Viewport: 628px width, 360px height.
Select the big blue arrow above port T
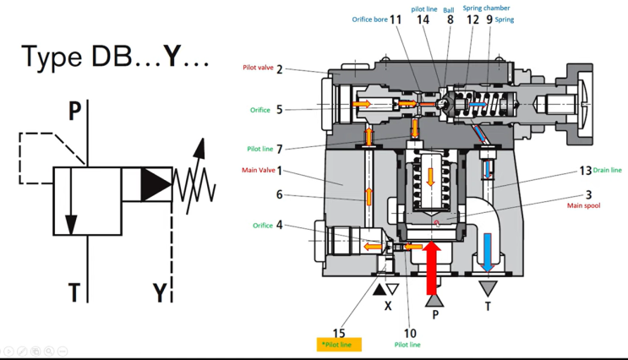coord(487,253)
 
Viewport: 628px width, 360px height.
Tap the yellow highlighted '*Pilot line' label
coord(339,345)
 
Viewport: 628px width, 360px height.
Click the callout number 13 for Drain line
coord(585,171)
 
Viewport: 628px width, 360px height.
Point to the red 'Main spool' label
coord(583,205)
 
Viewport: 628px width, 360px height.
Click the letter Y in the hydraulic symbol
coord(160,292)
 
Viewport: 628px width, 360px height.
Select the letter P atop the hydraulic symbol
coord(74,111)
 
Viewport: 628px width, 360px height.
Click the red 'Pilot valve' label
coord(258,68)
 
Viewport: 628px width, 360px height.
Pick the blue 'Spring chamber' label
coord(486,8)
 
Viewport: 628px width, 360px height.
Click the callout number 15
coord(339,333)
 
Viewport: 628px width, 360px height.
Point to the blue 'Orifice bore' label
coord(369,19)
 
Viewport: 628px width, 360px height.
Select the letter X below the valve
coord(388,306)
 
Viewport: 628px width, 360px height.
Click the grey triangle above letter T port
coord(488,288)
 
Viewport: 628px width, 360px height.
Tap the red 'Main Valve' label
coord(259,170)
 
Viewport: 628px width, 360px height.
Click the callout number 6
coord(280,194)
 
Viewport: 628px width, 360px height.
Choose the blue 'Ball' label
coord(449,10)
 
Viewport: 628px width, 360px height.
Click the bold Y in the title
coord(172,57)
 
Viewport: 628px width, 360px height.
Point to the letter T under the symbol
coord(74,292)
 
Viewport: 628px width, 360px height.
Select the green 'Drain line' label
coord(607,170)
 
